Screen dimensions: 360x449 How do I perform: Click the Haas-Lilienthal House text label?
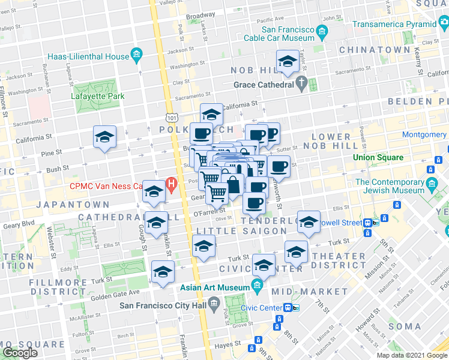(x=86, y=56)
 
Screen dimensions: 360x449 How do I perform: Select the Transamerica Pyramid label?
(x=394, y=25)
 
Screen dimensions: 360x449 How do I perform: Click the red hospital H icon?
(x=172, y=184)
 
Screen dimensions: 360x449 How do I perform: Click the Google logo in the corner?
(x=20, y=353)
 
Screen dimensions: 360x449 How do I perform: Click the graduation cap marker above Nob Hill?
(x=288, y=62)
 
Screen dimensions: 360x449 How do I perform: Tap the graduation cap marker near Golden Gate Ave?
(x=163, y=272)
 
